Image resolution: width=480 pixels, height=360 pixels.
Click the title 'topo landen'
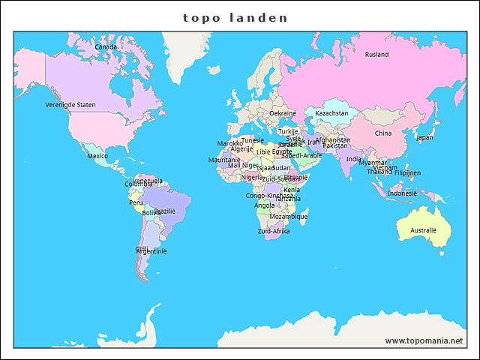click(235, 16)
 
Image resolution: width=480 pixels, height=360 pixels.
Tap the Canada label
click(106, 46)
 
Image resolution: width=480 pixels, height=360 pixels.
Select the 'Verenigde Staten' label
click(70, 105)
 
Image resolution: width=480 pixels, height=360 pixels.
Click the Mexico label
click(97, 156)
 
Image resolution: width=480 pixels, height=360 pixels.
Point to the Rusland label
click(376, 54)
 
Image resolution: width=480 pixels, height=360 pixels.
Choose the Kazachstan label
click(331, 113)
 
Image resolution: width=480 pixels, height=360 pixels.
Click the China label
click(382, 133)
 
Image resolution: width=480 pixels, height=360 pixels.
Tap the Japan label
click(424, 137)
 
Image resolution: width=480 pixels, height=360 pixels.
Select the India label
click(353, 159)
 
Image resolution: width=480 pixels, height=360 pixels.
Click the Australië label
click(423, 230)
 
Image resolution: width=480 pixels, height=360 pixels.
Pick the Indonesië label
click(403, 193)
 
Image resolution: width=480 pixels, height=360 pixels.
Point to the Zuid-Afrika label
click(274, 232)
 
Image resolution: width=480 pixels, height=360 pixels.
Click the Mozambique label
click(288, 217)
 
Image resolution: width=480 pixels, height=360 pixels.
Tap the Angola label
click(265, 205)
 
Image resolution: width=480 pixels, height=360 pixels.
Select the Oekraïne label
click(283, 113)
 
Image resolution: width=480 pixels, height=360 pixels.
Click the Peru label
click(136, 202)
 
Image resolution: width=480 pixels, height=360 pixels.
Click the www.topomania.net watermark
click(424, 340)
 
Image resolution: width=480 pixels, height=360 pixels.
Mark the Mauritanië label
click(224, 160)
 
